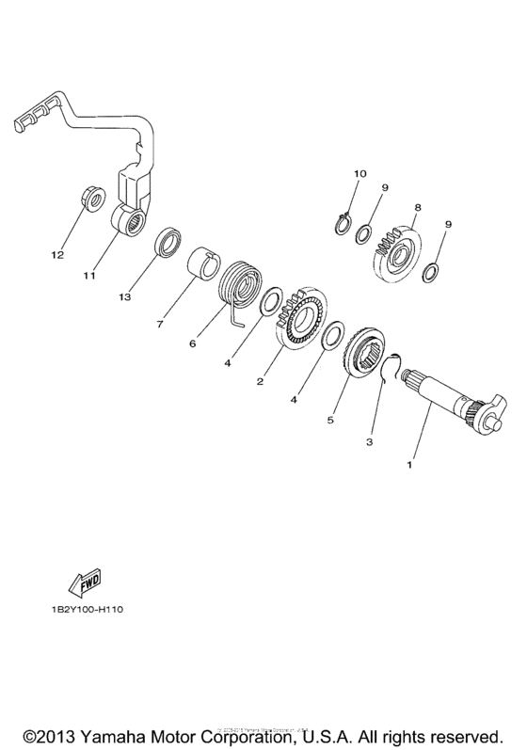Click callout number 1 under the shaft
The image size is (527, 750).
[x=408, y=464]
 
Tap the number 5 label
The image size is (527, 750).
[x=329, y=421]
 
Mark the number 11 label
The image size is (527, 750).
[x=89, y=277]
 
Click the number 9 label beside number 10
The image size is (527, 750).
[x=384, y=188]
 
